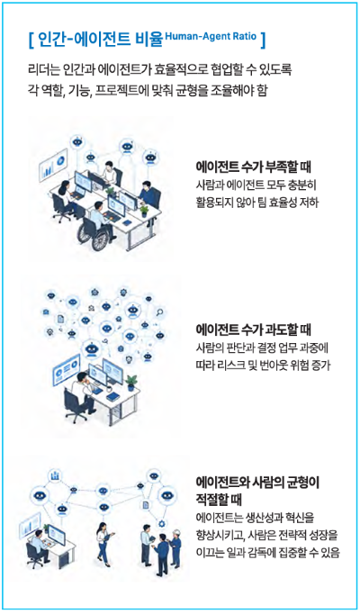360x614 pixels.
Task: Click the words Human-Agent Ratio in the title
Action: (211, 37)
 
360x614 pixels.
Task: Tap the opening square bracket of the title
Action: (31, 41)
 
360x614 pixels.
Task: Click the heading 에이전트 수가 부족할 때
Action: (254, 167)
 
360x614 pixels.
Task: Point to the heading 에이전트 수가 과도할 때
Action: (254, 330)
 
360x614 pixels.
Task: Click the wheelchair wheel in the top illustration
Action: (100, 238)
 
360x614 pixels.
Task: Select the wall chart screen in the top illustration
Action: (53, 164)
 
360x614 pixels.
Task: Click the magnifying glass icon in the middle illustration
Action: (159, 312)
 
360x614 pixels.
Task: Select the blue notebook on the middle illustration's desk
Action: (112, 397)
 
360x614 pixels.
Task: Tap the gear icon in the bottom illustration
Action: (161, 523)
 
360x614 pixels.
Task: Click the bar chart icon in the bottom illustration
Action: (55, 475)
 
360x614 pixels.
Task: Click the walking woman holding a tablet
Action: (103, 544)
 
